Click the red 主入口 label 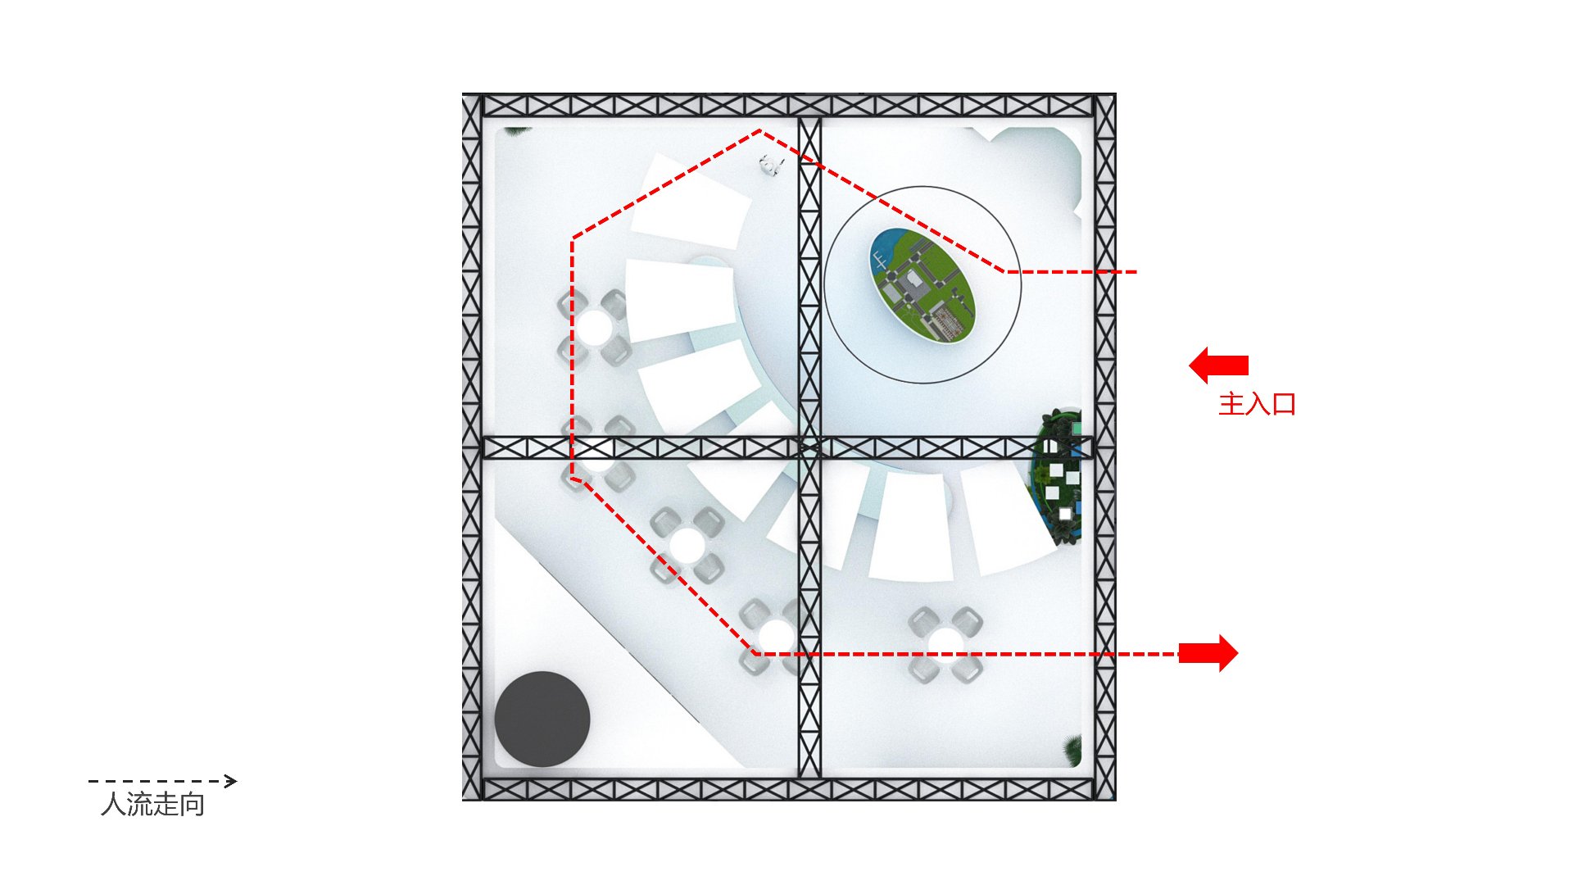pyautogui.click(x=1257, y=404)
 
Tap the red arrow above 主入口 pyautogui.click(x=1218, y=365)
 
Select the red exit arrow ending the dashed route pyautogui.click(x=1208, y=653)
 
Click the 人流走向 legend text pyautogui.click(x=152, y=805)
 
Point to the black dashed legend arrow pyautogui.click(x=162, y=781)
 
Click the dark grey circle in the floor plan pyautogui.click(x=542, y=719)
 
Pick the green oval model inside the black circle pyautogui.click(x=922, y=284)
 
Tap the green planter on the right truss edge pyautogui.click(x=1057, y=475)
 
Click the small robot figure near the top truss pyautogui.click(x=769, y=165)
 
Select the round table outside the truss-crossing pyautogui.click(x=946, y=644)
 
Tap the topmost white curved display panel pyautogui.click(x=691, y=202)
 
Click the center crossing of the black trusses pyautogui.click(x=809, y=447)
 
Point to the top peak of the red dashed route pyautogui.click(x=759, y=130)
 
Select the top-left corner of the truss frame pyautogui.click(x=464, y=95)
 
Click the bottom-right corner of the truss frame pyautogui.click(x=1114, y=799)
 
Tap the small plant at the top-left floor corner pyautogui.click(x=516, y=130)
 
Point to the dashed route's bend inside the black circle pyautogui.click(x=1006, y=271)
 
